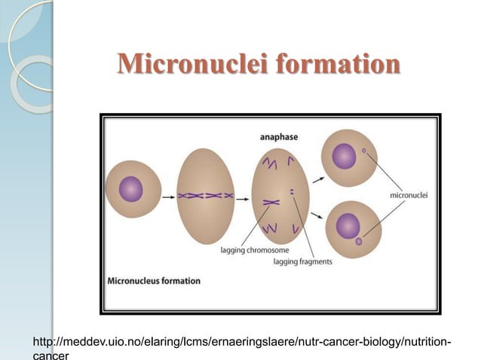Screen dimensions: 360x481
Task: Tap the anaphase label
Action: [279, 137]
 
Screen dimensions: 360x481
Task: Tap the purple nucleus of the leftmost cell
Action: [131, 189]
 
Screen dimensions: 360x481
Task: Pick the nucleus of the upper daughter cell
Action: [344, 157]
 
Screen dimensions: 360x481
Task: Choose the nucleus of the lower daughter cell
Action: [348, 225]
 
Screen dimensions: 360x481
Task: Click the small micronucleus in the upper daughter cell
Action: [364, 151]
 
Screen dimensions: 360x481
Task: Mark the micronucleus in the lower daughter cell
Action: [359, 242]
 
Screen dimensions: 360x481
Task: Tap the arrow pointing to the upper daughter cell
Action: [318, 178]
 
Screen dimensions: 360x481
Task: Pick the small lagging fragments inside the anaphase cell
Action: [291, 192]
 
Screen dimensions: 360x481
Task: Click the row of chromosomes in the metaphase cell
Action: [205, 194]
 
